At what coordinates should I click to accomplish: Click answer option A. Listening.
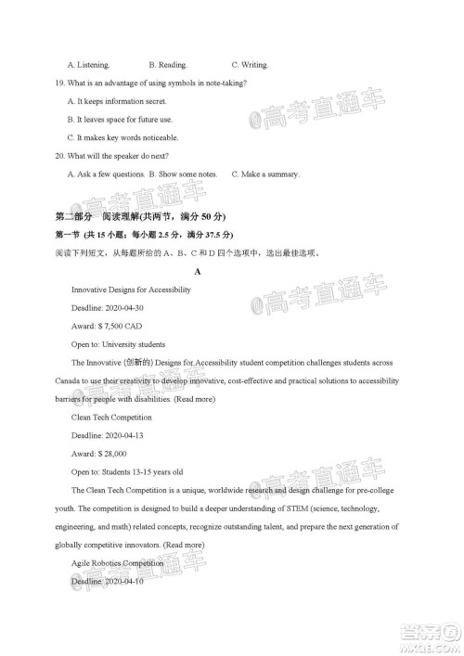tap(89, 66)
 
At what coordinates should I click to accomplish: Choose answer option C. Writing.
tap(250, 66)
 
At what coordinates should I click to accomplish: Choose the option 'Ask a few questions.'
tap(102, 174)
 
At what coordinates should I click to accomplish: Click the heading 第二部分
tap(73, 216)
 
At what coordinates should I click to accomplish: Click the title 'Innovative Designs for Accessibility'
tap(131, 289)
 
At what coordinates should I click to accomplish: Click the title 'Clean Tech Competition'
tap(109, 417)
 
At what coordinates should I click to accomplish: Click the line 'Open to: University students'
tap(118, 344)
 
